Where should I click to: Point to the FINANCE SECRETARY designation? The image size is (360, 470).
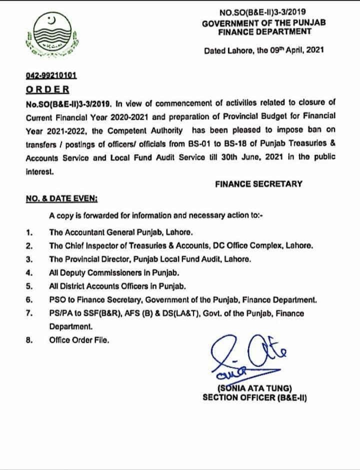coord(258,183)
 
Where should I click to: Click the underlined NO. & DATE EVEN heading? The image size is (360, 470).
coord(61,198)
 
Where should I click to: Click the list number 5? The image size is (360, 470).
coord(29,286)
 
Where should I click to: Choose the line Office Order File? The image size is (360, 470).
coord(78,339)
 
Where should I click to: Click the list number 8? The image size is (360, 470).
coord(29,339)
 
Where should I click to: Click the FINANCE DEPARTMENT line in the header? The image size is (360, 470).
coord(257,31)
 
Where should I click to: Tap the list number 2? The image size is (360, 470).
coord(29,246)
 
